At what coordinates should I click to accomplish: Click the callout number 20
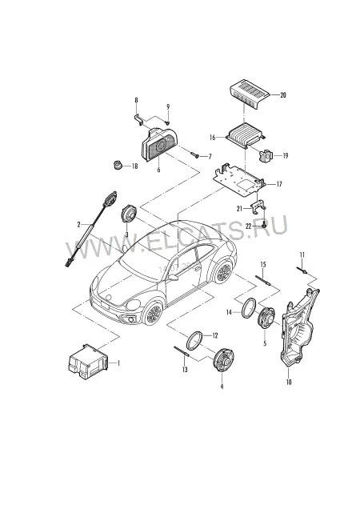[x=283, y=95]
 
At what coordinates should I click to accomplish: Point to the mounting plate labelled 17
[x=239, y=181]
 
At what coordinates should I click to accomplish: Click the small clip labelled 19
[x=266, y=155]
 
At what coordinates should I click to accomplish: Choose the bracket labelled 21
[x=258, y=208]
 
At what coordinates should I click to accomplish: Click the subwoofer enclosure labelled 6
[x=159, y=145]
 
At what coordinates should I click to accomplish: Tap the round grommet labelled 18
[x=117, y=165]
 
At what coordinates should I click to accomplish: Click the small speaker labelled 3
[x=129, y=214]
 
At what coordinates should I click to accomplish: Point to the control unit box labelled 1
[x=88, y=362]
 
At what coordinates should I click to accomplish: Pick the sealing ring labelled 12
[x=194, y=340]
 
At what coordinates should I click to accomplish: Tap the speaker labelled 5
[x=266, y=317]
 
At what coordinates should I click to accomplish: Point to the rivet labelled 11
[x=302, y=271]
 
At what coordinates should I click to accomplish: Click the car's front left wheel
[x=153, y=313]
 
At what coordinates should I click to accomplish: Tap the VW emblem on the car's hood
[x=109, y=297]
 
